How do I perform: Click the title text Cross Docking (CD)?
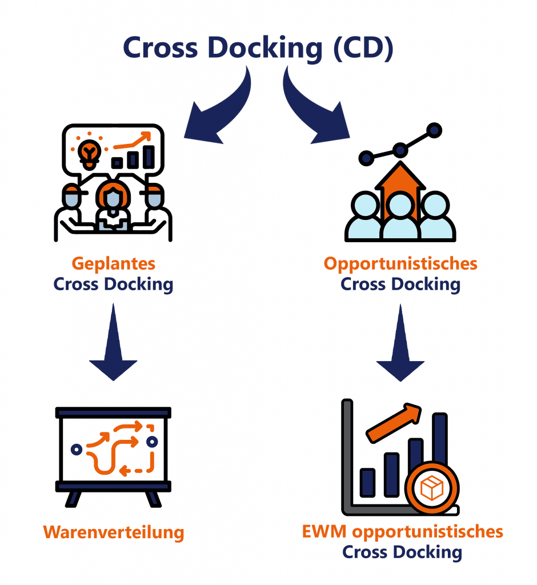pyautogui.click(x=258, y=48)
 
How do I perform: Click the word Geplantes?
pyautogui.click(x=113, y=264)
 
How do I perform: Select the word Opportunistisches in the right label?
pyautogui.click(x=400, y=264)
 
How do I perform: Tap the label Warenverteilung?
pyautogui.click(x=114, y=532)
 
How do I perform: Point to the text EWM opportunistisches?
pyautogui.click(x=402, y=532)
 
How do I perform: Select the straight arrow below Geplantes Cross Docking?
pyautogui.click(x=114, y=343)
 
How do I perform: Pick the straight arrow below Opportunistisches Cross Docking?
pyautogui.click(x=400, y=343)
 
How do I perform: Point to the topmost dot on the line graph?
pyautogui.click(x=434, y=130)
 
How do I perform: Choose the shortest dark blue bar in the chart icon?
pyautogui.click(x=367, y=483)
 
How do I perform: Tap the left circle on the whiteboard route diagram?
pyautogui.click(x=76, y=449)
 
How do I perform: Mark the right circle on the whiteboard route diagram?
pyautogui.click(x=152, y=442)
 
